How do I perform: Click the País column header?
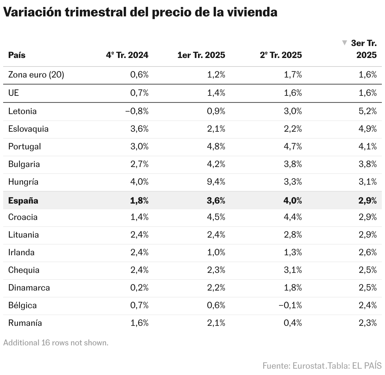click(17, 55)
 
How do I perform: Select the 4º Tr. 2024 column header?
click(127, 55)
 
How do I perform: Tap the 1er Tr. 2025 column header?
click(201, 55)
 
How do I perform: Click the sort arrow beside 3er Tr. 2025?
click(345, 43)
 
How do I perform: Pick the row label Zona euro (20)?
click(36, 75)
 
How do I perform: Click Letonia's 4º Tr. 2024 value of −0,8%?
click(137, 111)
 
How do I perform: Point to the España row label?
click(23, 201)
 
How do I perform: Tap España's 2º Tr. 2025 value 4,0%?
click(293, 201)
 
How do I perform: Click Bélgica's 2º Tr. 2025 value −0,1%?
click(290, 305)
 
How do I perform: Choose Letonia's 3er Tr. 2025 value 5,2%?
click(368, 111)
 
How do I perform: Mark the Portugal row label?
click(25, 147)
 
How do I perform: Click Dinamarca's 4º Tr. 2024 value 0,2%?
click(139, 288)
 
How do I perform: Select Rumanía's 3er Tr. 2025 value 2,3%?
click(368, 323)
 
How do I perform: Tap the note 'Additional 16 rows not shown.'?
click(56, 343)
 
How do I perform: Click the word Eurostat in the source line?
click(309, 366)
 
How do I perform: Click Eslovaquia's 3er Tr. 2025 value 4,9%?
click(368, 129)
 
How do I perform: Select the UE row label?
click(14, 93)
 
